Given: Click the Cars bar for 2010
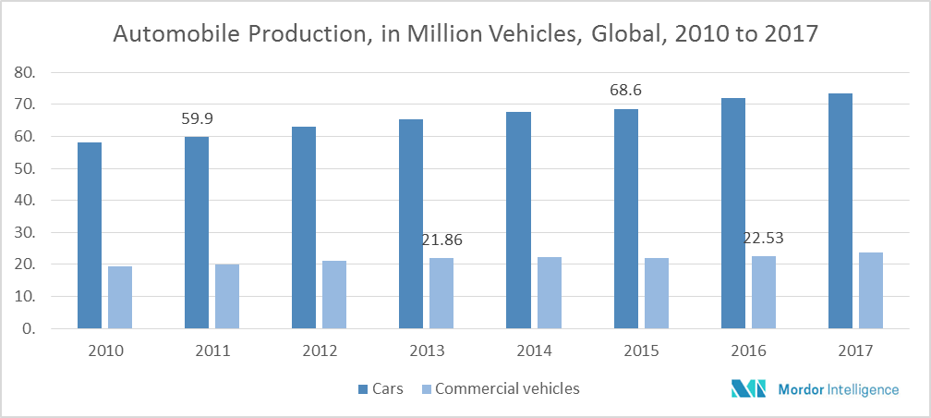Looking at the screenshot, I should tap(90, 236).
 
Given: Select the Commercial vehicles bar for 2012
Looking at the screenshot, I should tap(334, 295).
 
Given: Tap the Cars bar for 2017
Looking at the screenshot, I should tap(840, 211).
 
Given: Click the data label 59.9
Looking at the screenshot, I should tap(197, 119).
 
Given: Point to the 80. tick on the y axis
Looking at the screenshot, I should tap(25, 72).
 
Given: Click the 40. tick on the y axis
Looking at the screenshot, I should tap(25, 201).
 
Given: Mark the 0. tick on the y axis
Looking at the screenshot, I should tap(29, 328).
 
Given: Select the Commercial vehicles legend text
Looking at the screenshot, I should tap(507, 388).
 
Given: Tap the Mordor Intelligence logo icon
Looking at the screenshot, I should tap(747, 389).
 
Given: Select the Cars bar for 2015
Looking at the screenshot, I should tap(625, 219).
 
